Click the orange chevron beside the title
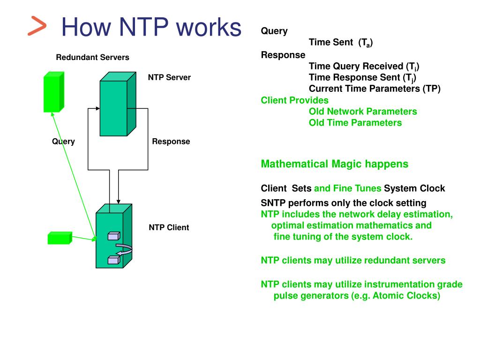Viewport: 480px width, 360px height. (37, 26)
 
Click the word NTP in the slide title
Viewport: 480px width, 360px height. (143, 27)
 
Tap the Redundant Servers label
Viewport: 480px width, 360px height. (92, 57)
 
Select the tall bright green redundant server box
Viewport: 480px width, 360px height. (54, 92)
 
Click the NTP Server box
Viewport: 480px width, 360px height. (118, 104)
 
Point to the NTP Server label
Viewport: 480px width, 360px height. (169, 77)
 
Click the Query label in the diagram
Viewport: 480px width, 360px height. (63, 142)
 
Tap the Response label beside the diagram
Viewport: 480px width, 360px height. (171, 142)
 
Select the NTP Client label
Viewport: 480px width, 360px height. (169, 227)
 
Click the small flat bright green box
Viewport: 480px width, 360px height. (60, 238)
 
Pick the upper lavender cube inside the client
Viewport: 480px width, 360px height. (114, 236)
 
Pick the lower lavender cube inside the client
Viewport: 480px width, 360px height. (114, 260)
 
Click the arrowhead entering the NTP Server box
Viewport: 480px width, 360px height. (97, 108)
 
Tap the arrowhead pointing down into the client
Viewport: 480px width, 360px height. (119, 202)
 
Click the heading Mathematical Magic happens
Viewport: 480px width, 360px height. (335, 164)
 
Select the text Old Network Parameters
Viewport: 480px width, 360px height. (363, 112)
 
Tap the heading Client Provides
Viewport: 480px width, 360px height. (294, 100)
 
